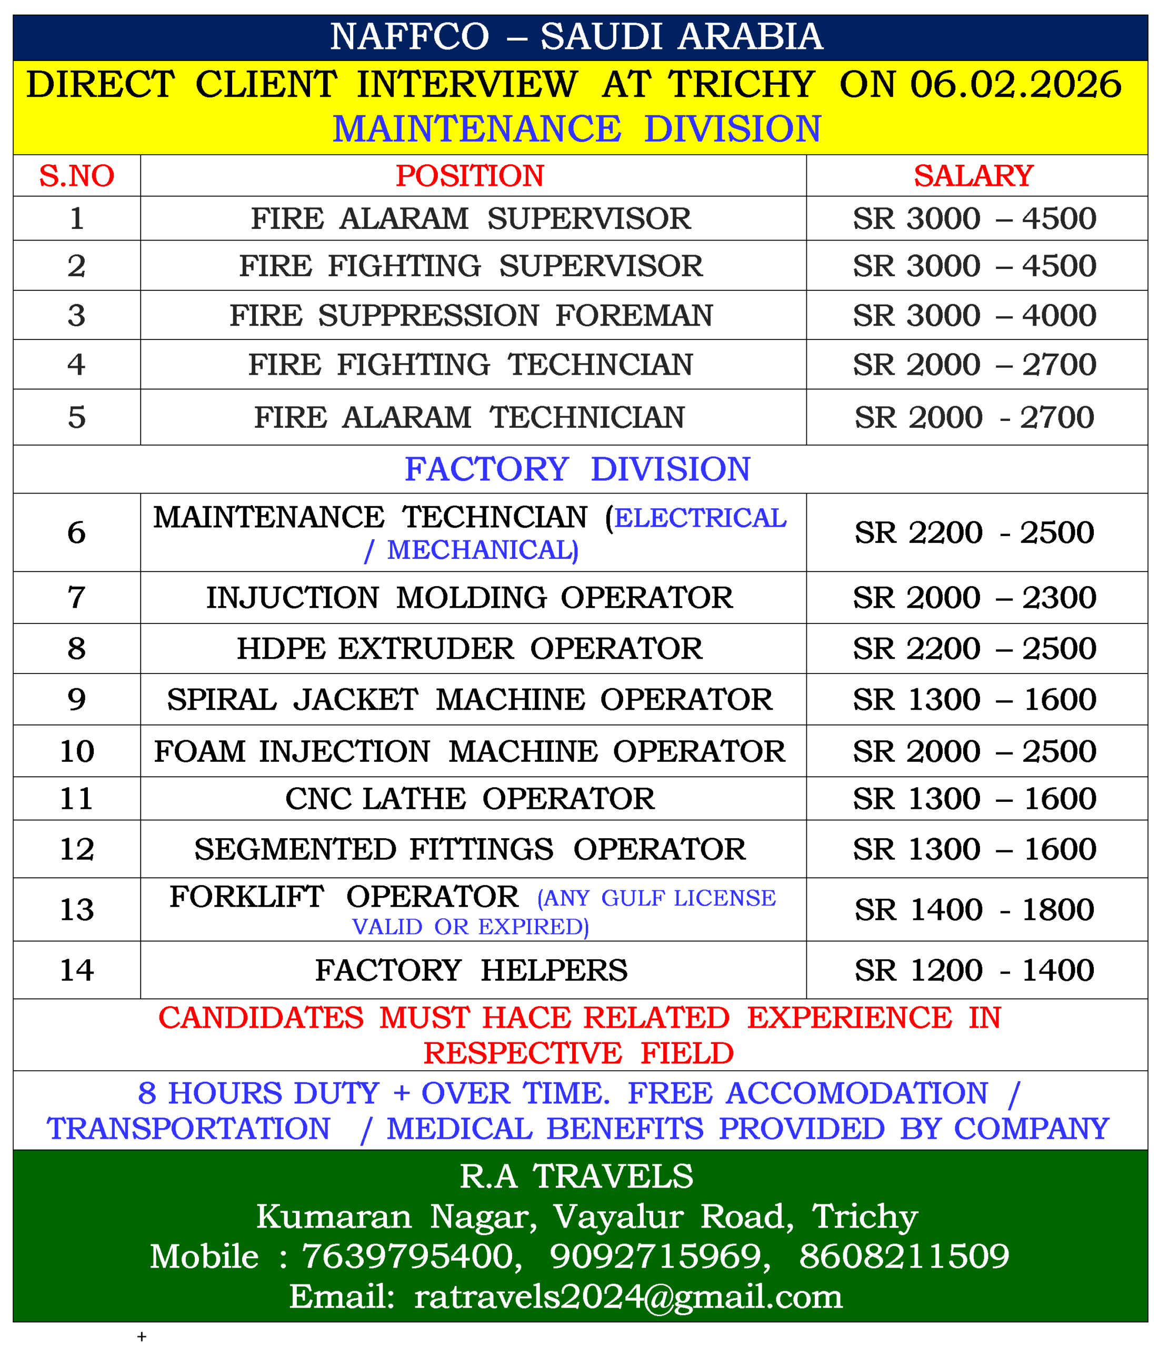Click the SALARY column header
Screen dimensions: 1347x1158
click(973, 176)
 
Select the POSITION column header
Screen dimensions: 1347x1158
click(470, 176)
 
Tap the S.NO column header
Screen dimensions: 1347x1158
click(77, 176)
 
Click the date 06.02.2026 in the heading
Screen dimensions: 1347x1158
click(1015, 85)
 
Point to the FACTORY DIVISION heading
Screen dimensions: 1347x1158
click(577, 469)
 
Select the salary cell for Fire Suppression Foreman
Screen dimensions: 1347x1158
click(974, 315)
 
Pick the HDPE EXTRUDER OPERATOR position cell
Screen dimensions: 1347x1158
click(470, 648)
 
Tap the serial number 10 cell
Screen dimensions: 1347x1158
click(77, 751)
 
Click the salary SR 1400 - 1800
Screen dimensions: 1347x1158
click(974, 909)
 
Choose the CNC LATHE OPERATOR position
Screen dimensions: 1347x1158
click(470, 798)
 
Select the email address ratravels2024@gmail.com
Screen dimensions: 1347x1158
click(627, 1296)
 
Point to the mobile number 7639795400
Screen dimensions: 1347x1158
click(411, 1255)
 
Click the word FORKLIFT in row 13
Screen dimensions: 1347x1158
click(246, 897)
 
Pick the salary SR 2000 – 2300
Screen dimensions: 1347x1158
click(974, 597)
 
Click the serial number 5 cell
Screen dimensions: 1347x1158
click(77, 417)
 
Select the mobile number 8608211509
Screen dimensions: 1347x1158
click(904, 1255)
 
